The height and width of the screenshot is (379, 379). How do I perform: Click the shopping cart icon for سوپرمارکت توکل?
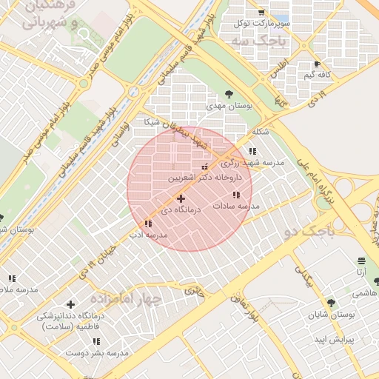[x=261, y=13]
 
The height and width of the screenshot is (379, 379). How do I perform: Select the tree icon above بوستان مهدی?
[x=229, y=94]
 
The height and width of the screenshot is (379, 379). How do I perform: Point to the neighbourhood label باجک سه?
[x=273, y=41]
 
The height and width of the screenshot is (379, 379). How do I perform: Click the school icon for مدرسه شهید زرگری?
[x=252, y=151]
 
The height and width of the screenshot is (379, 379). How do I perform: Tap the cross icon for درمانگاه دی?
[x=181, y=198]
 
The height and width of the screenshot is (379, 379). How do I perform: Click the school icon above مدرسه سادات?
[x=236, y=195]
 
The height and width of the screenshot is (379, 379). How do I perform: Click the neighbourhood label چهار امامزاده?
[x=126, y=298]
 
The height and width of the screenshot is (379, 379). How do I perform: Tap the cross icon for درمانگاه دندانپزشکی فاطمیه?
[x=70, y=304]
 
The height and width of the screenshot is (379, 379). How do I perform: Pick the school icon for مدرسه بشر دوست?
[x=96, y=341]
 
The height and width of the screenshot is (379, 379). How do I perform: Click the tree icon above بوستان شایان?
[x=330, y=302]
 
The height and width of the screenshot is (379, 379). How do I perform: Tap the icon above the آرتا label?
[x=360, y=261]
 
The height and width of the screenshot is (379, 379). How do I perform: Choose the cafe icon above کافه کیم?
[x=318, y=64]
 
